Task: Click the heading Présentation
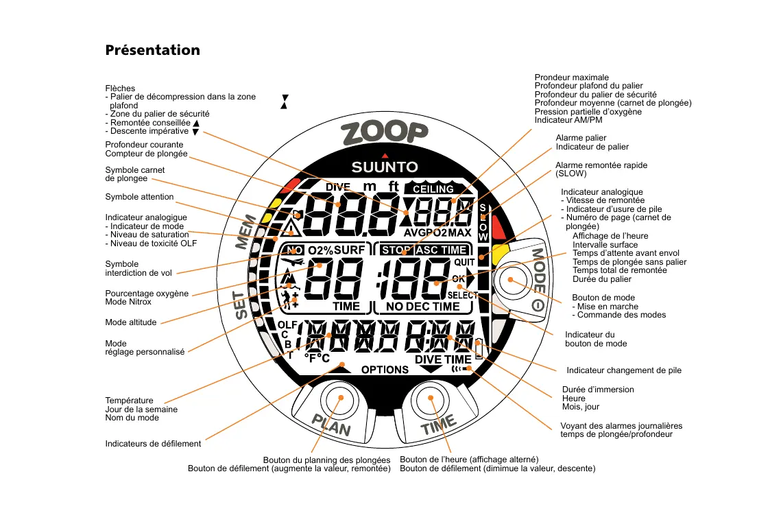click(x=152, y=50)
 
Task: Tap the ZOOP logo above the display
click(x=385, y=134)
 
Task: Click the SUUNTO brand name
click(x=385, y=167)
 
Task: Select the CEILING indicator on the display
click(x=433, y=189)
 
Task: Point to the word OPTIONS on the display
click(x=385, y=370)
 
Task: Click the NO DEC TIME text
click(x=422, y=307)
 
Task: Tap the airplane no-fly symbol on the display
click(x=292, y=263)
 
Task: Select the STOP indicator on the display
click(x=396, y=250)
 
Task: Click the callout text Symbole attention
click(x=139, y=197)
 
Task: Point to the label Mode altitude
click(x=130, y=322)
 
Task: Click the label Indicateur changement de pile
click(x=624, y=370)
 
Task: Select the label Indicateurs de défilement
click(x=153, y=444)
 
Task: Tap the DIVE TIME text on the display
click(x=443, y=359)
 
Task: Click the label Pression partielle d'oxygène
click(x=588, y=112)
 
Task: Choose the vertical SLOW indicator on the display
click(x=483, y=222)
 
